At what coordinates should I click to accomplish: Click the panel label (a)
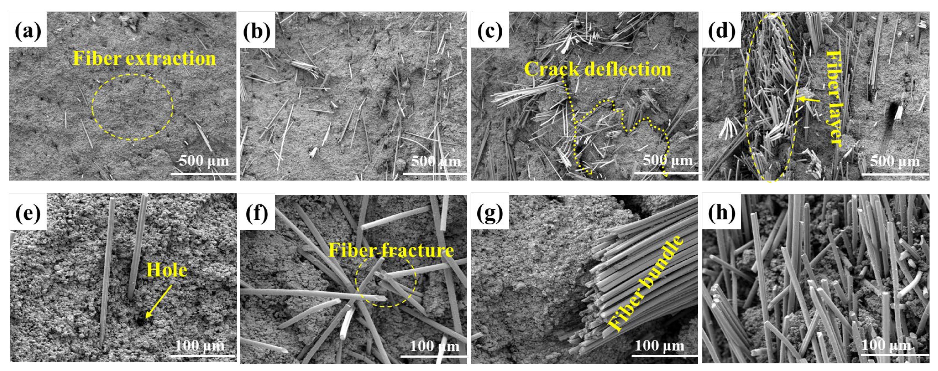[x=28, y=30]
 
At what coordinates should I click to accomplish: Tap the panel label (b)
[x=257, y=30]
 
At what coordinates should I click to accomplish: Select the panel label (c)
[x=490, y=30]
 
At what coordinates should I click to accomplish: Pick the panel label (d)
[x=721, y=30]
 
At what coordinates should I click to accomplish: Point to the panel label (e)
[x=28, y=212]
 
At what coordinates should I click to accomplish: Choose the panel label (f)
[x=257, y=212]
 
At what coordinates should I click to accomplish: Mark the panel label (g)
[x=490, y=212]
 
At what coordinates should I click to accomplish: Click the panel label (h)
[x=721, y=212]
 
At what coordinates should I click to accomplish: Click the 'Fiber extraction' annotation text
[x=144, y=58]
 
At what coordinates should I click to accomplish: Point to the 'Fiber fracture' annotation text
[x=391, y=250]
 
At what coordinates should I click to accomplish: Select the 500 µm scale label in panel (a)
[x=204, y=161]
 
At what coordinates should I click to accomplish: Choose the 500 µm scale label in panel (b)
[x=435, y=161]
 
